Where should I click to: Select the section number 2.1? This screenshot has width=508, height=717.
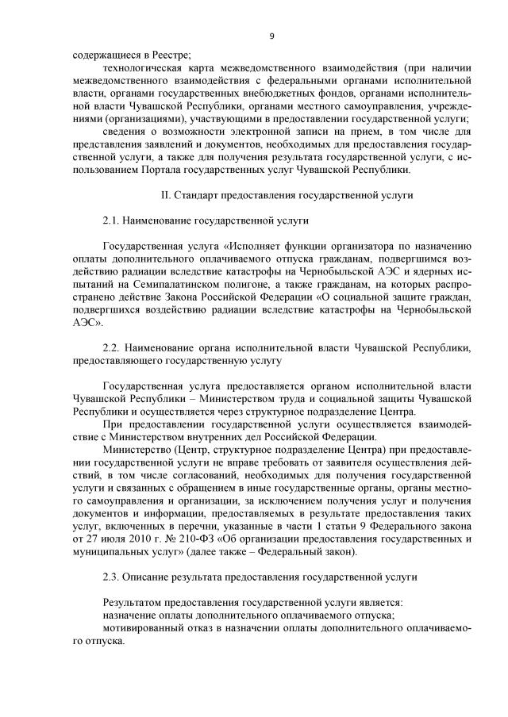(111, 220)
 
